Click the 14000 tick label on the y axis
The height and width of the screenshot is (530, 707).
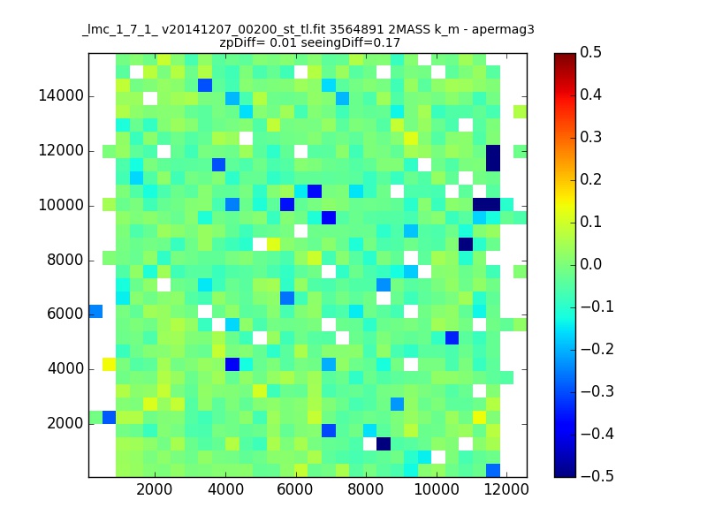[x=61, y=96]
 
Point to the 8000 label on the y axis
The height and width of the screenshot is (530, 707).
[x=65, y=260]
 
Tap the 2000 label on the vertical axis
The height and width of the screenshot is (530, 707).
[x=65, y=424]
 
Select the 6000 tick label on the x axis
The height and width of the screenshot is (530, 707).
[x=295, y=489]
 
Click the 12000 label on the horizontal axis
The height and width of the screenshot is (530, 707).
[x=506, y=489]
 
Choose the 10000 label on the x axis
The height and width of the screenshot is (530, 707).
[x=437, y=489]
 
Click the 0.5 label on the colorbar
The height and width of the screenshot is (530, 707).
[x=590, y=52]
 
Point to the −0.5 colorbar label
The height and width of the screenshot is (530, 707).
[x=597, y=476]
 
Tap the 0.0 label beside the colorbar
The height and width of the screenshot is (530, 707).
[x=590, y=264]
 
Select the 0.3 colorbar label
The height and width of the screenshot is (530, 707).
[x=590, y=137]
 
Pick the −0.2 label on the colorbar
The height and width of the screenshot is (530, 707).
[x=597, y=349]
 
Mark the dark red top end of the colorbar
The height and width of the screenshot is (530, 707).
[x=566, y=57]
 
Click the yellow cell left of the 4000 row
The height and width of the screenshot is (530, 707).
[x=109, y=364]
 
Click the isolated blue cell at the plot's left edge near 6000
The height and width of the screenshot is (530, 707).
[x=95, y=312]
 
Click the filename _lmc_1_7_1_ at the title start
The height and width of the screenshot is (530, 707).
[x=120, y=30]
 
